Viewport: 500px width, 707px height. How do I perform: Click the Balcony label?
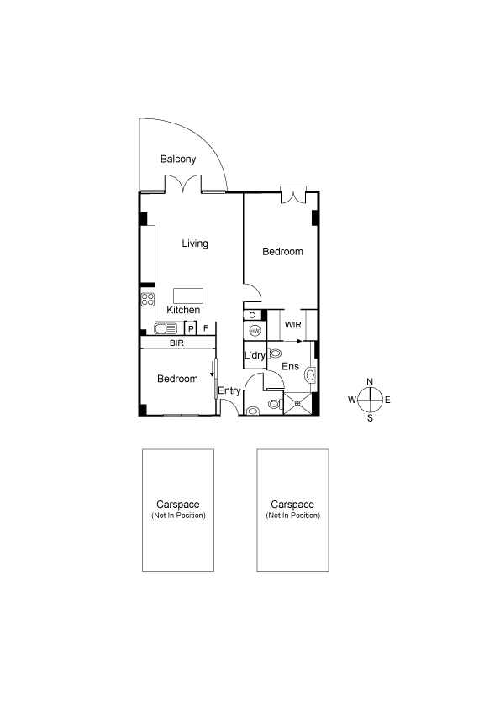tap(178, 160)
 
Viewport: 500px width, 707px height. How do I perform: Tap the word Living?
tap(195, 244)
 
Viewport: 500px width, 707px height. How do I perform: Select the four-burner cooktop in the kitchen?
tap(148, 300)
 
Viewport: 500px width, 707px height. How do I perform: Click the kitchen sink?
tap(166, 328)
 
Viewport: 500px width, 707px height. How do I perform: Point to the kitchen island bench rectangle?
tap(188, 296)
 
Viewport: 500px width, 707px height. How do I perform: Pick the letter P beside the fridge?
tap(191, 328)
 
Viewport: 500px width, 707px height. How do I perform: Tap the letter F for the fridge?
tap(206, 328)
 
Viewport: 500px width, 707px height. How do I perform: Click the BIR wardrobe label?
tap(176, 343)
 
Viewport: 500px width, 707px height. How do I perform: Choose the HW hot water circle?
tap(255, 331)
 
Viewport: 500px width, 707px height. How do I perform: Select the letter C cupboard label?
tap(252, 315)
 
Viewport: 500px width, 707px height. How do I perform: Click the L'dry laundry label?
tap(255, 355)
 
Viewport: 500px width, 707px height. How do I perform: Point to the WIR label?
tap(293, 325)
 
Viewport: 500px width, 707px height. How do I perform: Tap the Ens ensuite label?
tap(290, 366)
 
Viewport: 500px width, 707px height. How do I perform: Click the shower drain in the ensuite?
tap(297, 404)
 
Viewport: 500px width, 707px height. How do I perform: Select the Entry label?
tap(229, 391)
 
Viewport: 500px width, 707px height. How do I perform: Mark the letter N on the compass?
tap(370, 381)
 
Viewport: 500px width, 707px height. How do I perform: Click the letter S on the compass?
tap(370, 418)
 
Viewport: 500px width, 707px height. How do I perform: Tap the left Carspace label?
tap(178, 505)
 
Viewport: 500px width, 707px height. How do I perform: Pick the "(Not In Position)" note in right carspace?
tap(293, 516)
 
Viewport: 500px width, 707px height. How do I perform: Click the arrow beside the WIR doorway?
tap(292, 341)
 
